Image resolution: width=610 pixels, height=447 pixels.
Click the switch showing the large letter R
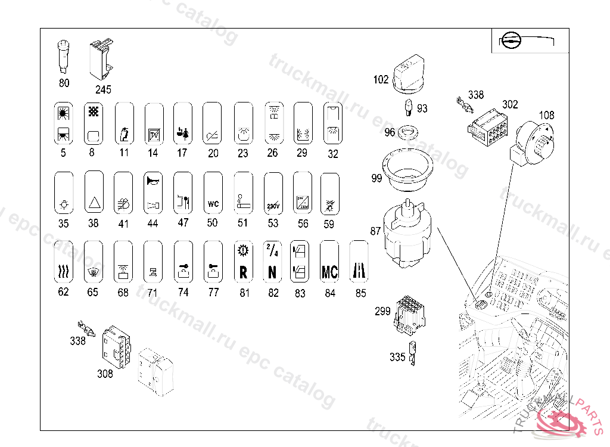242,262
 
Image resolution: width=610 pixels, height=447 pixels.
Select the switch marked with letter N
273,262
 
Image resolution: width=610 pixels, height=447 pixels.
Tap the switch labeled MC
329,262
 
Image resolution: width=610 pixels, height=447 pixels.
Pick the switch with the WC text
213,193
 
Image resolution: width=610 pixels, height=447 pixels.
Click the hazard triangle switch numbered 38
94,192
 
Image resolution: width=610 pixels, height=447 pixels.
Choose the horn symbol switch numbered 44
153,193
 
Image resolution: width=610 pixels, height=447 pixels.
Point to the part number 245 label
103,89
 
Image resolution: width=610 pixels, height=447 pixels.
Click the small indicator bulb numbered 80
63,56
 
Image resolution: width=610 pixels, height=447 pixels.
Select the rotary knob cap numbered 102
409,74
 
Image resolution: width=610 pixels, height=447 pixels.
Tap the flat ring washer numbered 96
409,131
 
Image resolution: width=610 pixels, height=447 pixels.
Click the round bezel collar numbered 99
407,168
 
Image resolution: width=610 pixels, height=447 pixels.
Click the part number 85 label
360,293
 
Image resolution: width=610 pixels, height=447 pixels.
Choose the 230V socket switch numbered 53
273,193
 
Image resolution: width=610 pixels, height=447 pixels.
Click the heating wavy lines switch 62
63,262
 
